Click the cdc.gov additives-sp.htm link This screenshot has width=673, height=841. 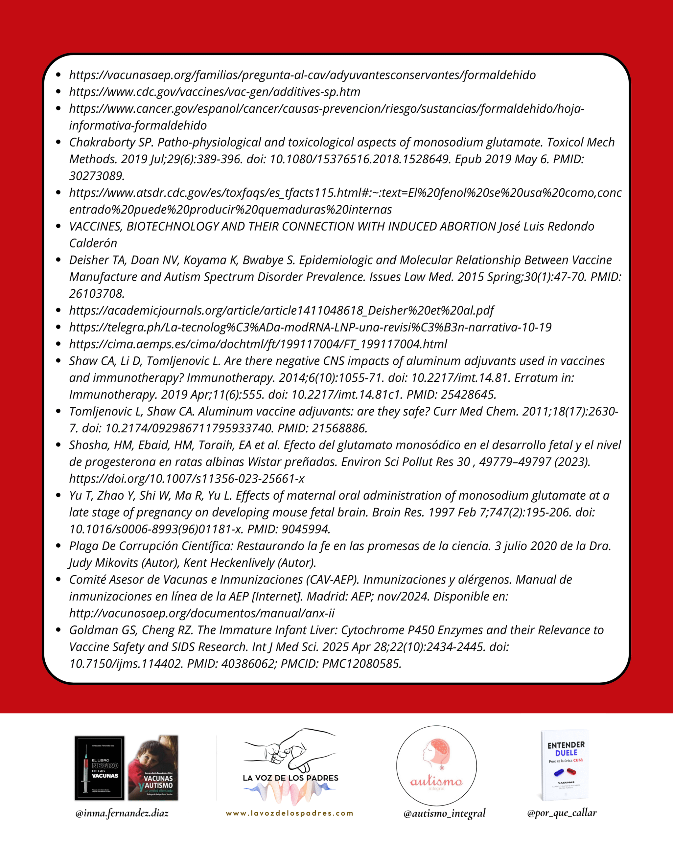coord(215,92)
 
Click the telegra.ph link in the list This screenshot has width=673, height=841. coord(310,327)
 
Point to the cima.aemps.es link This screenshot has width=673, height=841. coord(258,344)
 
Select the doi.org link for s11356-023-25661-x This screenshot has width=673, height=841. coord(187,479)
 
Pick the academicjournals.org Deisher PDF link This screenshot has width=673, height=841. coord(281,310)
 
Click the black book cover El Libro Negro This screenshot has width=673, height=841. coord(100,768)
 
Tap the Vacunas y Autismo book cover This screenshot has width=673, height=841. coord(153,768)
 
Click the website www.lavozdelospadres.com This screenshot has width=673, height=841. coord(290,813)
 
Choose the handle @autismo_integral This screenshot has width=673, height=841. coord(444,813)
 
